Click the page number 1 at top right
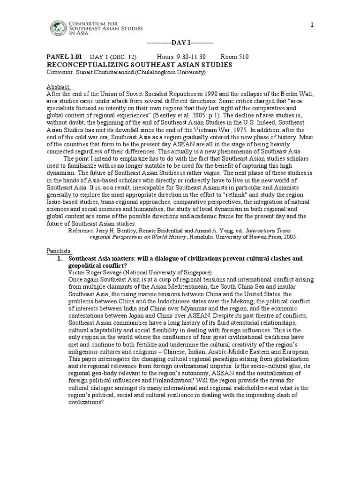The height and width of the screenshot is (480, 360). (311, 25)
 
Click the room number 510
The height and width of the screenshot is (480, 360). (242, 57)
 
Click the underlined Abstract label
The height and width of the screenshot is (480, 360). (59, 87)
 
